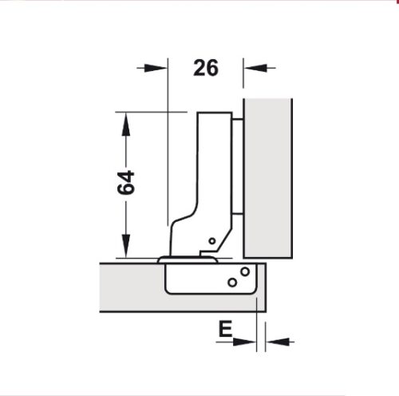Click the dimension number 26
coord(205,69)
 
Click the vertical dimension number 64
coord(124,184)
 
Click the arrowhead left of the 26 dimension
coord(160,69)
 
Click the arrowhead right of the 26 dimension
coord(251,69)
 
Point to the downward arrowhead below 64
coord(124,248)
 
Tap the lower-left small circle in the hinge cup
coord(231,282)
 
